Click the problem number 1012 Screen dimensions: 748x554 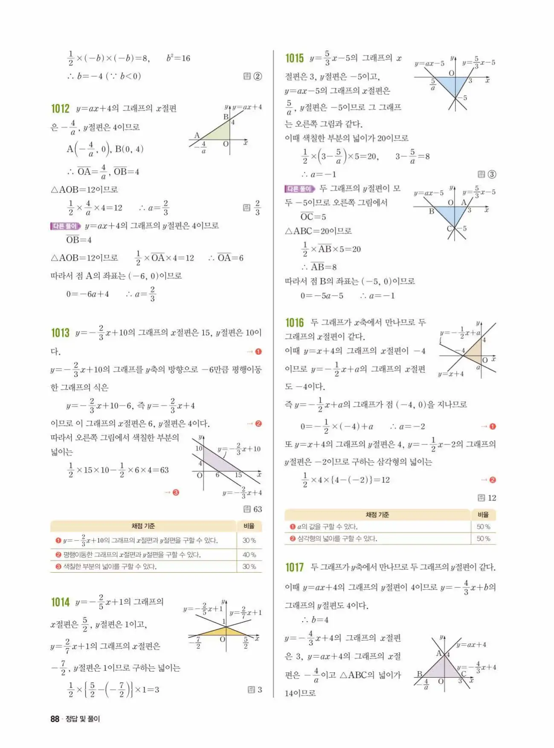[60, 109]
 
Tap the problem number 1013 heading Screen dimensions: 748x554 [60, 333]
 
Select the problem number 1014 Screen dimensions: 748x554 [60, 602]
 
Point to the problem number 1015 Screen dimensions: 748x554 [294, 58]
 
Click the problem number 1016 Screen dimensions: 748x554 [294, 322]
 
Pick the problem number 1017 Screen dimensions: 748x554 [294, 567]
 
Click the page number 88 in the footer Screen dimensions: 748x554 [55, 719]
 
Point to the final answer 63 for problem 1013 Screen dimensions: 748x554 [257, 509]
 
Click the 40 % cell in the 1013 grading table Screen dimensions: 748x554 [249, 555]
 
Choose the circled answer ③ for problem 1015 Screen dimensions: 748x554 [492, 174]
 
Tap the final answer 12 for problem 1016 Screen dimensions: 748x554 [492, 498]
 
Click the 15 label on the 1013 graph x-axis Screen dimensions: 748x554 [238, 475]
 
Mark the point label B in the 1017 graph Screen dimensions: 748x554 [419, 674]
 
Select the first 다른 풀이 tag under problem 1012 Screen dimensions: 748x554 [65, 226]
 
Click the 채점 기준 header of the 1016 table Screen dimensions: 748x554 [377, 515]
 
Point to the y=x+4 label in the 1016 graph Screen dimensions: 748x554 [450, 374]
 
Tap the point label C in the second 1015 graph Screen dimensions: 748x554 [449, 229]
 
